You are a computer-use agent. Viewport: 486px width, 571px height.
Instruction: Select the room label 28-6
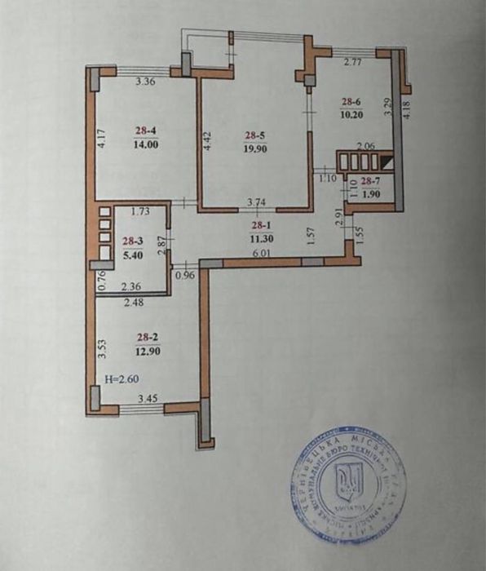351,101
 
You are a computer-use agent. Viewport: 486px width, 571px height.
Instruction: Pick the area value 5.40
132,255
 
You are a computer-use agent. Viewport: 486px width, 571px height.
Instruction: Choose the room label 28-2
146,335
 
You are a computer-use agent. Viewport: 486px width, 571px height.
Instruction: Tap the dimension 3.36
145,81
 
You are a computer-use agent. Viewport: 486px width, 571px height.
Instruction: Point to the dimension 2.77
352,62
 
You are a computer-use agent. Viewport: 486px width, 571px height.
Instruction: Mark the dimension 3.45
148,399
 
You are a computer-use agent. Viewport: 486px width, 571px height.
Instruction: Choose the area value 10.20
351,114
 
